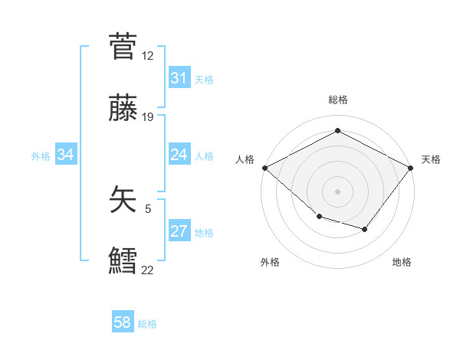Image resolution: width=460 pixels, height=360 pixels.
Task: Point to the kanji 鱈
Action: pyautogui.click(x=123, y=260)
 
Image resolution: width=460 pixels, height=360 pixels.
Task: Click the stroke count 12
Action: pyautogui.click(x=147, y=56)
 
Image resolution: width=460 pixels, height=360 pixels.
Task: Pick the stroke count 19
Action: pyautogui.click(x=147, y=117)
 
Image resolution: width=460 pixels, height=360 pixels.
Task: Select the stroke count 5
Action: pyautogui.click(x=148, y=208)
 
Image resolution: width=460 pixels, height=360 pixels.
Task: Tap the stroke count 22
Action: pyautogui.click(x=147, y=270)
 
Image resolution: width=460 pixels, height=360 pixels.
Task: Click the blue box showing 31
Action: pyautogui.click(x=179, y=78)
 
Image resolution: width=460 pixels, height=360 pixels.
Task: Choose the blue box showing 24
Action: pyautogui.click(x=179, y=155)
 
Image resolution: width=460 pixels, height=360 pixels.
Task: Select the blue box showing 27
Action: pyautogui.click(x=179, y=231)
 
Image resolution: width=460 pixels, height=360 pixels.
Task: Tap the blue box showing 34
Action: pyautogui.click(x=65, y=155)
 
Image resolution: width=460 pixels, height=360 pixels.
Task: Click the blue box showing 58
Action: pyautogui.click(x=123, y=323)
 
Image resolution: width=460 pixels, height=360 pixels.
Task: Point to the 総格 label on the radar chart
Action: pyautogui.click(x=338, y=100)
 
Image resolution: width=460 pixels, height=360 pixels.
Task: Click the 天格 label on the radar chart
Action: pyautogui.click(x=431, y=159)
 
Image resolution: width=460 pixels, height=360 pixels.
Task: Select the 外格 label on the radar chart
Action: pyautogui.click(x=270, y=263)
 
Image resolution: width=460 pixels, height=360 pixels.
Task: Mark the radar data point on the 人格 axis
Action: pyautogui.click(x=264, y=168)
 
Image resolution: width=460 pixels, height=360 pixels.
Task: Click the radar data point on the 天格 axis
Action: pyautogui.click(x=411, y=168)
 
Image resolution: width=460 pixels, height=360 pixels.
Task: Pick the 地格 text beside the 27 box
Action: pyautogui.click(x=204, y=233)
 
